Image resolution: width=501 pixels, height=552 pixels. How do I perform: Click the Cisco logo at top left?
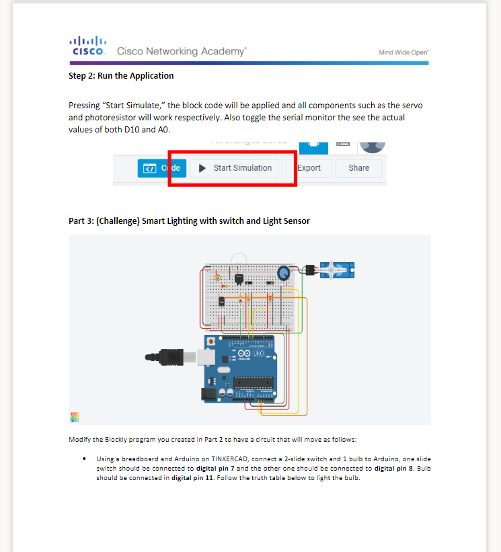click(x=87, y=46)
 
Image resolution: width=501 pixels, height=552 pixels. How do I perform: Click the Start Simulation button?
click(x=236, y=168)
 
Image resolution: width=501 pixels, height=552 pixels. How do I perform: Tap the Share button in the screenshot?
click(x=358, y=168)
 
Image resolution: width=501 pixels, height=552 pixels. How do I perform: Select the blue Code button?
click(x=159, y=168)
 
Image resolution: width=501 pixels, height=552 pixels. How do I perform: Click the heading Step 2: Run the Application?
click(x=121, y=76)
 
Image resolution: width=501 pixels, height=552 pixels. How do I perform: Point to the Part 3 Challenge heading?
click(x=189, y=221)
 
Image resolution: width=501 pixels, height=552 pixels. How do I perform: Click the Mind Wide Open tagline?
click(x=403, y=52)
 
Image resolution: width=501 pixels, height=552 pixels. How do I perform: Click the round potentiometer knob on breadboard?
click(x=284, y=272)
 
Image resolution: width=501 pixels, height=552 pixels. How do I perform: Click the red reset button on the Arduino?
click(x=213, y=342)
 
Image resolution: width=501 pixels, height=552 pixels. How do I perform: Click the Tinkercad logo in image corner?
click(x=75, y=417)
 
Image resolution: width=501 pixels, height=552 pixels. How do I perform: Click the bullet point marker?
click(x=83, y=459)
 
